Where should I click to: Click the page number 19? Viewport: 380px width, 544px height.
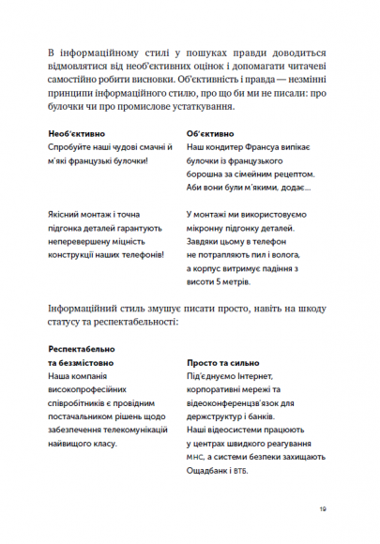click(322, 509)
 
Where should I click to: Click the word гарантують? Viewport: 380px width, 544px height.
click(140, 216)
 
